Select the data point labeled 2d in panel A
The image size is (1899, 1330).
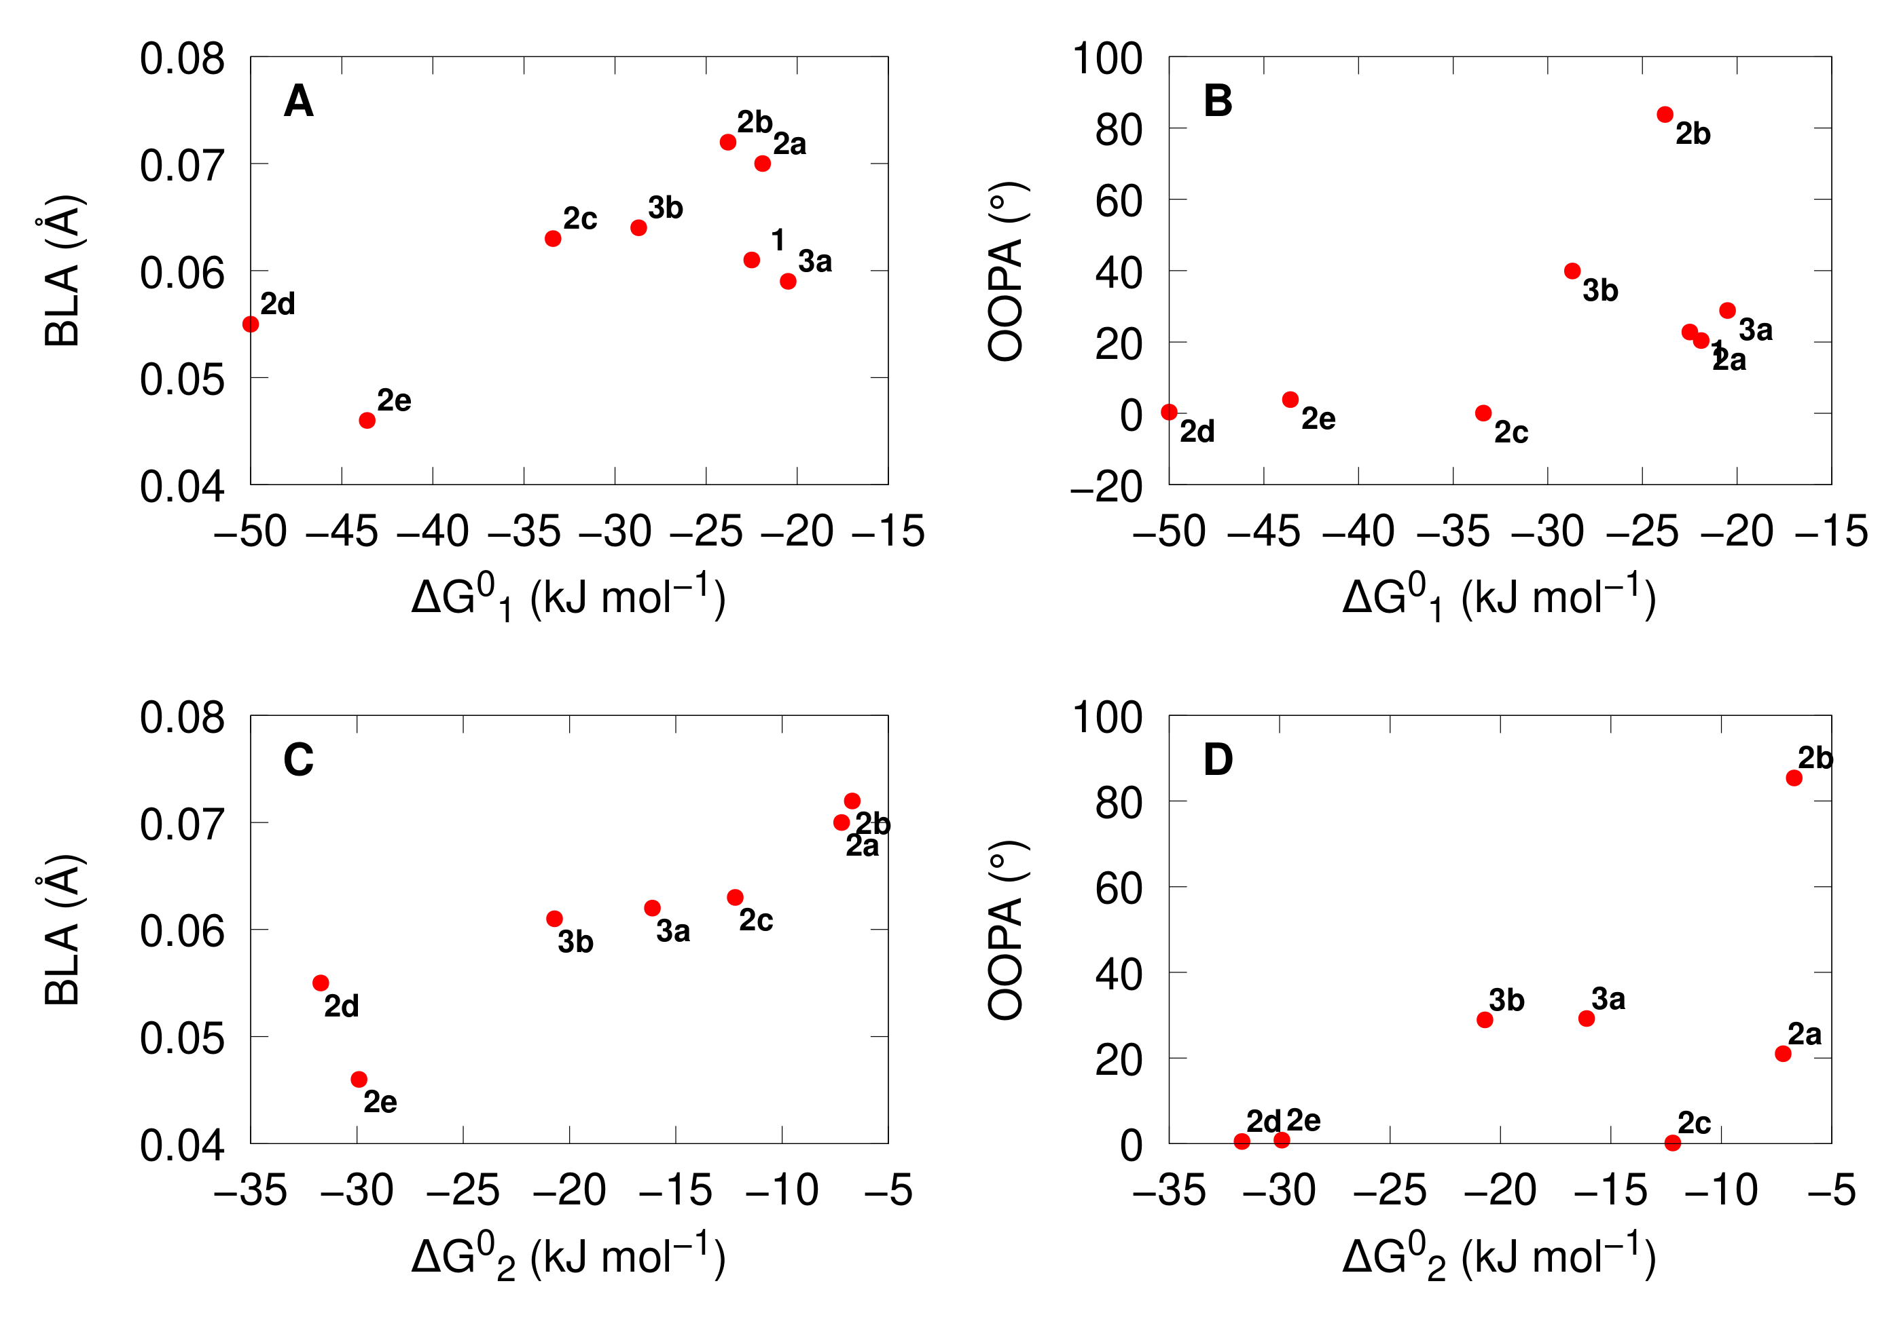point(251,324)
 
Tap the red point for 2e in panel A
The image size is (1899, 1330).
point(367,421)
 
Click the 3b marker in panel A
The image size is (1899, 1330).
point(638,227)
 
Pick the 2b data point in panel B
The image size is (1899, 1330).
point(1665,115)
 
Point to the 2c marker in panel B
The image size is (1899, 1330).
point(1483,413)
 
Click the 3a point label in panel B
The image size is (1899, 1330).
point(1755,330)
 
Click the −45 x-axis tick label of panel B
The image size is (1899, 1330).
point(1264,531)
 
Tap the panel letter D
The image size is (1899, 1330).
point(1218,759)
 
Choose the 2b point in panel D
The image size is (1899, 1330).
point(1794,778)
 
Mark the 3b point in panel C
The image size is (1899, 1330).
point(555,918)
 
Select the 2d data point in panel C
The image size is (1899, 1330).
point(321,983)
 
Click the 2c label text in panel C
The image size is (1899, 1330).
point(755,920)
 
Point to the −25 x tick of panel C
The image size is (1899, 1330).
point(463,1191)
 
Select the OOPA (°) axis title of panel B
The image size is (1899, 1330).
point(1006,271)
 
